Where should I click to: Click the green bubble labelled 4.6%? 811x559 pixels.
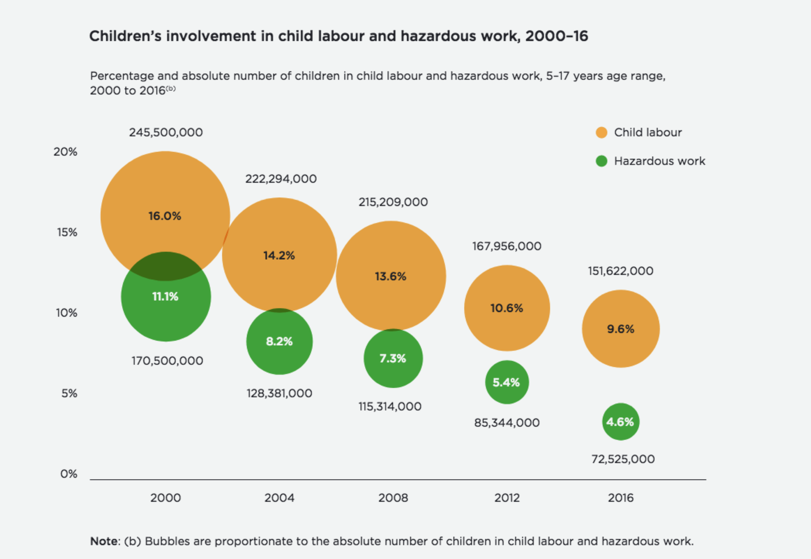click(620, 421)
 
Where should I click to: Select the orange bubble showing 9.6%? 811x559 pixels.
click(620, 329)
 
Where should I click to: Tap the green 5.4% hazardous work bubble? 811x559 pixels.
click(507, 382)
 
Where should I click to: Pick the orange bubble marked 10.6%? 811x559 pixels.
click(507, 308)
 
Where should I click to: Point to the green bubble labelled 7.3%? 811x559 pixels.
click(393, 358)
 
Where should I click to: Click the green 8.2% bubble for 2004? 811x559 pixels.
click(279, 341)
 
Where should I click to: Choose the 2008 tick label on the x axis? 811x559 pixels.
click(393, 498)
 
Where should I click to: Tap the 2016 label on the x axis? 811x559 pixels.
click(620, 498)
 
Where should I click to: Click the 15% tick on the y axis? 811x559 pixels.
click(67, 232)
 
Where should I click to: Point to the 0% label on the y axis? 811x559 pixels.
click(69, 474)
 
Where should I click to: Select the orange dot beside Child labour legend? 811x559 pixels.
click(601, 132)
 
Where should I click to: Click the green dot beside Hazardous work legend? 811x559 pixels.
click(601, 161)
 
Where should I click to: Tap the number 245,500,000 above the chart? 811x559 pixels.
click(166, 132)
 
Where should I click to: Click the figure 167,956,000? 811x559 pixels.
click(507, 246)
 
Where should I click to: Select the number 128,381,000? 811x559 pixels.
click(279, 393)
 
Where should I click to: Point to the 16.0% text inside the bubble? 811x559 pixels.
click(165, 216)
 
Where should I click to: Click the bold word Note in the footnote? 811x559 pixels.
click(104, 541)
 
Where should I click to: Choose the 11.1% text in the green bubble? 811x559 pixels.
click(165, 297)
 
